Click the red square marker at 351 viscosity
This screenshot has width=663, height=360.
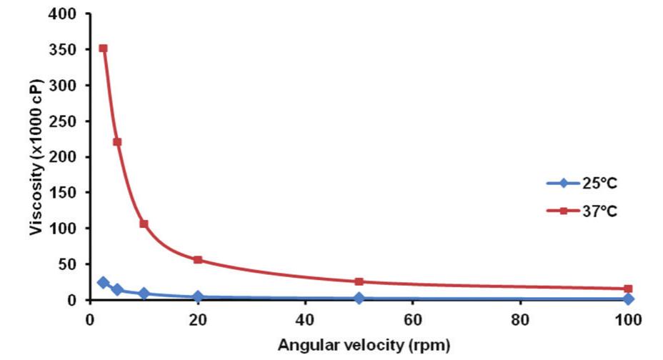coord(103,49)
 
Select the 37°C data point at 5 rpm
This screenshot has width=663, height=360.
coord(117,141)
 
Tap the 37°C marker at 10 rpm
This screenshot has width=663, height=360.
coord(144,224)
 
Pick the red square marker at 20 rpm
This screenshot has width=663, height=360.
coord(198,260)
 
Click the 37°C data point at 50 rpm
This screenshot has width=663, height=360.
coord(359,281)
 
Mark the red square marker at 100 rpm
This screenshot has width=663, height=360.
coord(628,289)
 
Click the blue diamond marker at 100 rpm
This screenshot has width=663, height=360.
coord(628,299)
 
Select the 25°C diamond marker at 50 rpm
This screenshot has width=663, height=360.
coord(359,298)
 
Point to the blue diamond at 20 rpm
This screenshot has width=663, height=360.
coord(198,296)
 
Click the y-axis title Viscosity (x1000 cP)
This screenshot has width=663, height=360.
coord(36,157)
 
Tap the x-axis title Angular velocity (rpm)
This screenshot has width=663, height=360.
coord(364,346)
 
